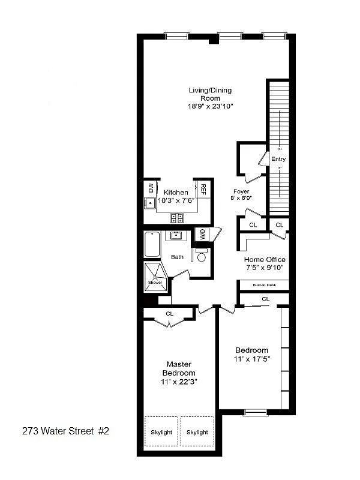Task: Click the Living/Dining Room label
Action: pyautogui.click(x=210, y=94)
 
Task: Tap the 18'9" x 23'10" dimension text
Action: pyautogui.click(x=210, y=106)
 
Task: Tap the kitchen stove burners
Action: pyautogui.click(x=177, y=217)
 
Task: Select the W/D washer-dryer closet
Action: pyautogui.click(x=203, y=233)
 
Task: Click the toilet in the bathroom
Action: pyautogui.click(x=201, y=256)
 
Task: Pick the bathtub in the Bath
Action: pyautogui.click(x=151, y=246)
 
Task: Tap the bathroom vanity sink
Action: pyautogui.click(x=176, y=235)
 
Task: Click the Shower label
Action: pyautogui.click(x=155, y=282)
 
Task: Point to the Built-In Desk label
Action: pyautogui.click(x=264, y=285)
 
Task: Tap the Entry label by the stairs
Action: pyautogui.click(x=278, y=159)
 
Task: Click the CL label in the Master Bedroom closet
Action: pyautogui.click(x=169, y=313)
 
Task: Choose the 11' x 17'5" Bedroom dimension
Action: pyautogui.click(x=253, y=359)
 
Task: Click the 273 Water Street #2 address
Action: pyautogui.click(x=65, y=431)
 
